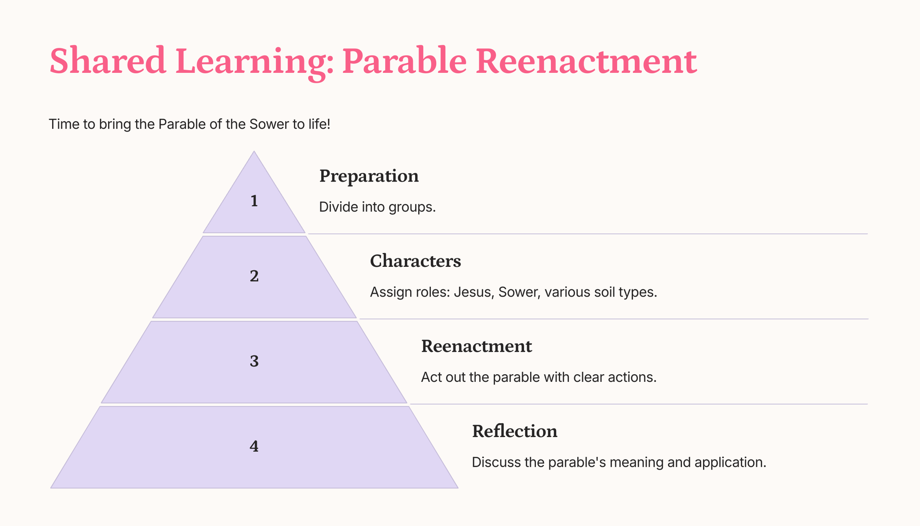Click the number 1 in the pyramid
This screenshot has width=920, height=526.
(254, 201)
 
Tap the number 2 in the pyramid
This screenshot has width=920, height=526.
(254, 276)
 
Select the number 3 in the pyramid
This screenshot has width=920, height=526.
(254, 361)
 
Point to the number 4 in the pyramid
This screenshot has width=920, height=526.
(254, 446)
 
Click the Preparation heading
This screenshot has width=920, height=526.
(369, 176)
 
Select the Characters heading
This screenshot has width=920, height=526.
(416, 261)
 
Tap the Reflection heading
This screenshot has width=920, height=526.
(515, 431)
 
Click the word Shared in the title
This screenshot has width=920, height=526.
(108, 61)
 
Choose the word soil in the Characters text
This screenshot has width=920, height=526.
(611, 292)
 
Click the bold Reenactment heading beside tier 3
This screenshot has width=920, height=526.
(477, 346)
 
